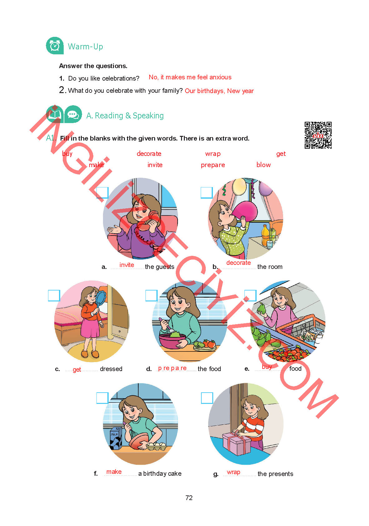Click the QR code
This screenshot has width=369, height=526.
pyautogui.click(x=318, y=135)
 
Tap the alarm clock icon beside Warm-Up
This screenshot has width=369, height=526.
pyautogui.click(x=55, y=46)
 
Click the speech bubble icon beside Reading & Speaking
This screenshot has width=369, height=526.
pyautogui.click(x=73, y=114)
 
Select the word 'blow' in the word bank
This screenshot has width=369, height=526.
pyautogui.click(x=263, y=165)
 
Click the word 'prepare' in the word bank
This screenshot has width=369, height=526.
pyautogui.click(x=213, y=165)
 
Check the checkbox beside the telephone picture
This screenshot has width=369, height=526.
pyautogui.click(x=103, y=193)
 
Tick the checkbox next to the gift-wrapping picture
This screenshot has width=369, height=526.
pyautogui.click(x=207, y=398)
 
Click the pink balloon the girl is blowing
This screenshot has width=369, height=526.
pyautogui.click(x=244, y=211)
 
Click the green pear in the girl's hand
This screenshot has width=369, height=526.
pyautogui.click(x=261, y=308)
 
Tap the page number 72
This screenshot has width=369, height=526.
pyautogui.click(x=189, y=498)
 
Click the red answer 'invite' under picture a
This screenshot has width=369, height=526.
pyautogui.click(x=126, y=265)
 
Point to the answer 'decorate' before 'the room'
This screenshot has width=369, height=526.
pyautogui.click(x=238, y=262)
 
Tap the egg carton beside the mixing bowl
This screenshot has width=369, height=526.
pyautogui.click(x=156, y=446)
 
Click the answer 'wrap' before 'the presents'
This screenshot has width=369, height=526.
pyautogui.click(x=233, y=472)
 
